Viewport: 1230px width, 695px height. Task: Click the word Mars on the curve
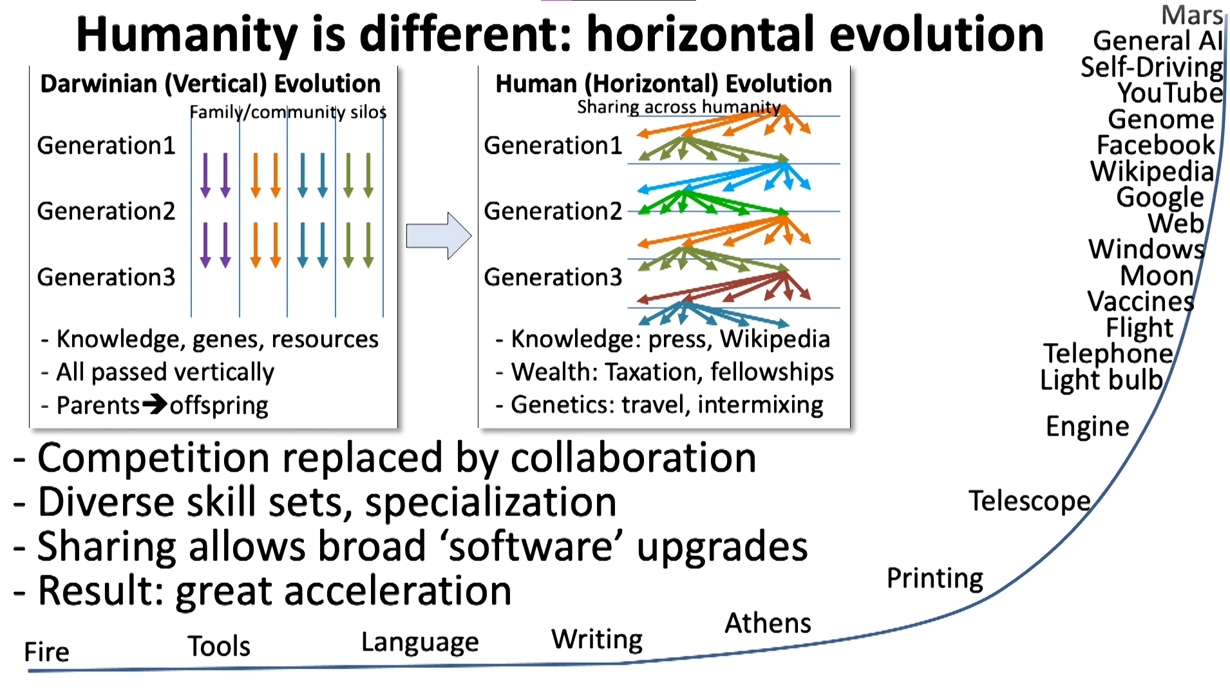pyautogui.click(x=1192, y=15)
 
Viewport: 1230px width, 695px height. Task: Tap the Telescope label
pyautogui.click(x=1030, y=501)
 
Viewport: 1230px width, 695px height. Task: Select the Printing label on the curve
pyautogui.click(x=935, y=579)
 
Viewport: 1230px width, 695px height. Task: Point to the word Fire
pyautogui.click(x=46, y=652)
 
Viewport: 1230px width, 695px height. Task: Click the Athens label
pyautogui.click(x=768, y=623)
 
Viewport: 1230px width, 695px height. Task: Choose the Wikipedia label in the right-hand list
pyautogui.click(x=1152, y=171)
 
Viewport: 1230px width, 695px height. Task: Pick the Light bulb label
pyautogui.click(x=1102, y=380)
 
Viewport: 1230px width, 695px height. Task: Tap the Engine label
pyautogui.click(x=1088, y=427)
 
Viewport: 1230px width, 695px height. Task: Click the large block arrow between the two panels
pyautogui.click(x=439, y=236)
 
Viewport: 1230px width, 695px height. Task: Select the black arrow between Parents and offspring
pyautogui.click(x=155, y=404)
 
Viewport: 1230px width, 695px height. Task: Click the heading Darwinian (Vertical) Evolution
pyautogui.click(x=211, y=84)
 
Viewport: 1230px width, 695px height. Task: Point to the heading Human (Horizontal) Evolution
pyautogui.click(x=664, y=84)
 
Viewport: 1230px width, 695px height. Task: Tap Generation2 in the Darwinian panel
pyautogui.click(x=106, y=211)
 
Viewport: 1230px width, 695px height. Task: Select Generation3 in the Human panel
pyautogui.click(x=553, y=277)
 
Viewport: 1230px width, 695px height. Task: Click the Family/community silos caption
pyautogui.click(x=288, y=112)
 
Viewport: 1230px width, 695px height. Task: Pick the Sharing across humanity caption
pyautogui.click(x=679, y=107)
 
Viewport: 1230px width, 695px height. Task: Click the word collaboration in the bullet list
pyautogui.click(x=633, y=458)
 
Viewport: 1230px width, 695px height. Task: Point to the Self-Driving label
pyautogui.click(x=1152, y=67)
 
